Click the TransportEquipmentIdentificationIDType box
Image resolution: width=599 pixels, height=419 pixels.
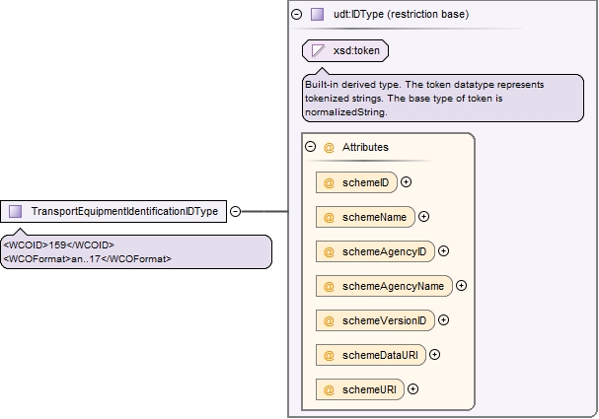tap(113, 211)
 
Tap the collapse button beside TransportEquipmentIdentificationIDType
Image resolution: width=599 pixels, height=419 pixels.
tap(235, 211)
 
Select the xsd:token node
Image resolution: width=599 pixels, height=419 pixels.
tap(345, 50)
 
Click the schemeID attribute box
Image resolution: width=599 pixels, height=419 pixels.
tap(356, 182)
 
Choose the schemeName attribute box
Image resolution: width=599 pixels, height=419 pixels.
tap(365, 217)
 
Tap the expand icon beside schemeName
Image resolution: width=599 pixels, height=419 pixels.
tap(423, 217)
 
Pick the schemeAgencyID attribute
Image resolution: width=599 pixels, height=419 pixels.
tap(375, 251)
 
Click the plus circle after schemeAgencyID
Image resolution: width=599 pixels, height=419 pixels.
tap(443, 251)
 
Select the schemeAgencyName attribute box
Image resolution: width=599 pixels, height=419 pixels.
tap(384, 286)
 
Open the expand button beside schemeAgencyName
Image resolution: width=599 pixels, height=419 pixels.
tap(462, 286)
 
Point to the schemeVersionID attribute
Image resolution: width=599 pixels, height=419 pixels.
tap(375, 320)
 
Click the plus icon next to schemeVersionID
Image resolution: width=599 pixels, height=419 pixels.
tap(443, 319)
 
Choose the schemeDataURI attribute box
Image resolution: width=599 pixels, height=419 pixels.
tap(371, 355)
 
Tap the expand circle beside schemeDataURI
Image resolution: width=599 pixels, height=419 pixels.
tap(435, 355)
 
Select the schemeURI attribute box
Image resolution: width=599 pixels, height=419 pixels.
tap(360, 389)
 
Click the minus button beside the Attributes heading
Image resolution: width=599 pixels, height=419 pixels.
tap(311, 147)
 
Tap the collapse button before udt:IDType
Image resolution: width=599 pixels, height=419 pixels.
tap(296, 14)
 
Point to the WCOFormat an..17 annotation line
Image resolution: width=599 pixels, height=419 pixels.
tap(88, 258)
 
